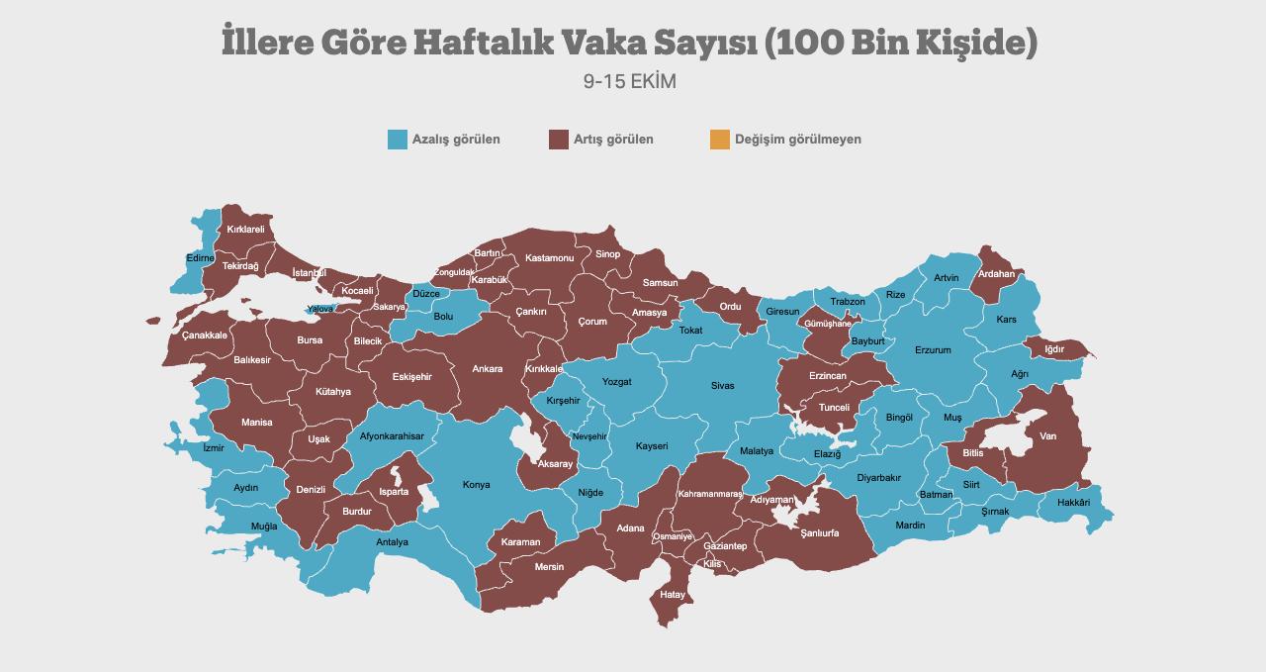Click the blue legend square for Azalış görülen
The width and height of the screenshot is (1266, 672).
[x=398, y=140]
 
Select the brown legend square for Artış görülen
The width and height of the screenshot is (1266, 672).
[x=559, y=140]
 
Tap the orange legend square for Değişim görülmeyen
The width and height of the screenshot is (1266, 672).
[x=720, y=140]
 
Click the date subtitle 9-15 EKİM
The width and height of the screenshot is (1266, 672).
[x=630, y=82]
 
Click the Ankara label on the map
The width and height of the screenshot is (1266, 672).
[x=487, y=369]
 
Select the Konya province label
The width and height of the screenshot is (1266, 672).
[x=477, y=485]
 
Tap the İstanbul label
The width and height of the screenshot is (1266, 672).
[x=309, y=273]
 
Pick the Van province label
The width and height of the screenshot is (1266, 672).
[x=1047, y=436]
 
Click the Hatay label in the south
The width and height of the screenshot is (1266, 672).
[x=673, y=595]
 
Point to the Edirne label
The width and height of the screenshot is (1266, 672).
[x=200, y=258]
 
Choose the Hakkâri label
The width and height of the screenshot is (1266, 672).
[x=1073, y=503]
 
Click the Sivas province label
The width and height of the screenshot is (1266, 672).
[x=722, y=386]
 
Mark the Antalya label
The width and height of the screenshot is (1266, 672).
[x=392, y=542]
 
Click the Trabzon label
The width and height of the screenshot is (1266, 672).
[x=848, y=302]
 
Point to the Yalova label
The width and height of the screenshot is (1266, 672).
[x=320, y=309]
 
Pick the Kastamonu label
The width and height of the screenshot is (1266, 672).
[x=549, y=258]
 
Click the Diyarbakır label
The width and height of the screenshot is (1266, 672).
[x=878, y=478]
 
